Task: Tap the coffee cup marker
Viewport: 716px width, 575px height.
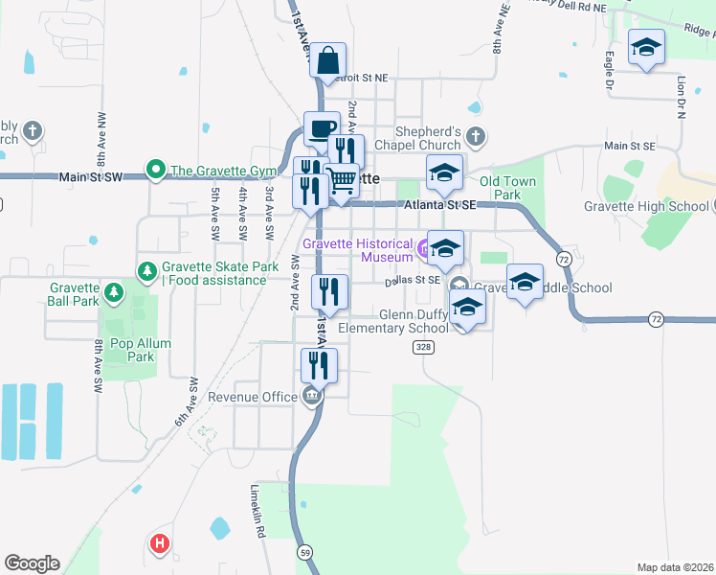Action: [x=322, y=128]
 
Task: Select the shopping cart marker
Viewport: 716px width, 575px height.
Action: [x=342, y=180]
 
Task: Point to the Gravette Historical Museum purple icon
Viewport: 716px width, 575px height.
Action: [x=425, y=250]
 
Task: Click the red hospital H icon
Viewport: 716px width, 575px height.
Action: [x=160, y=544]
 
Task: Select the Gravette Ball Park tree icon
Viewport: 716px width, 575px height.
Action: [x=114, y=291]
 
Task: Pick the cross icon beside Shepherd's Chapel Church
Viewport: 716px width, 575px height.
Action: [x=477, y=137]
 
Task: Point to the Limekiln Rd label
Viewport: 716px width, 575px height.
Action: [x=257, y=514]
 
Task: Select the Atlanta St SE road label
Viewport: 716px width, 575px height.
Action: [x=440, y=204]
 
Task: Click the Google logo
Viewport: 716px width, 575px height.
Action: [x=32, y=563]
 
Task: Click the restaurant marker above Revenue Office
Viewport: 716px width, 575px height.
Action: [x=319, y=365]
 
